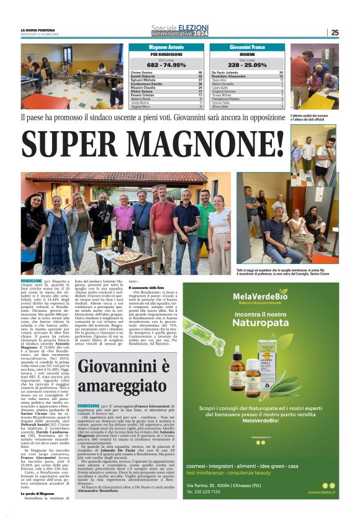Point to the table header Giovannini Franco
[248, 47]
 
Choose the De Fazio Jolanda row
[248, 73]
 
